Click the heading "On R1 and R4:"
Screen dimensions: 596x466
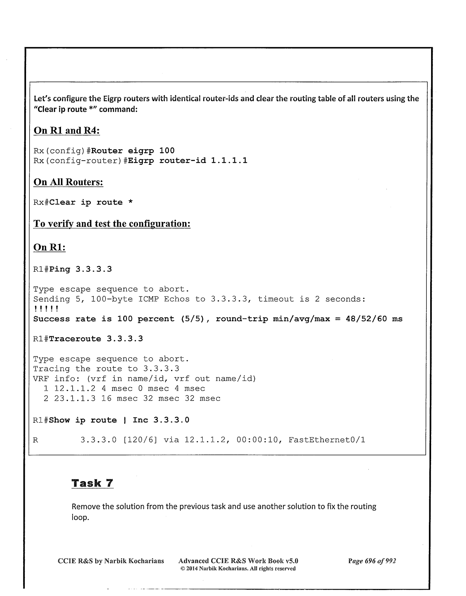coord(67,130)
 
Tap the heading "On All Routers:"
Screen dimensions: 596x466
coord(69,182)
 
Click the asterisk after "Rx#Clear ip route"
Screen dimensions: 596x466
coord(130,202)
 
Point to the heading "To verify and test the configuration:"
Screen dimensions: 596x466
coord(112,223)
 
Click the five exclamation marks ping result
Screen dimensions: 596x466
coord(46,309)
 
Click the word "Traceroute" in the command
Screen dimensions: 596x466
coord(75,339)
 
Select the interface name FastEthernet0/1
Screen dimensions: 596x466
coord(327,440)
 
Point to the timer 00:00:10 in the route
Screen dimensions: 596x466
coord(257,440)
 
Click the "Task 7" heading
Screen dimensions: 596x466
coord(92,483)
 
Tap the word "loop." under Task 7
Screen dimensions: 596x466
coord(80,517)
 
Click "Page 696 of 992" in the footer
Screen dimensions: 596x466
coord(372,561)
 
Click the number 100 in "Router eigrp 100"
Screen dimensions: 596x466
coord(167,151)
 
